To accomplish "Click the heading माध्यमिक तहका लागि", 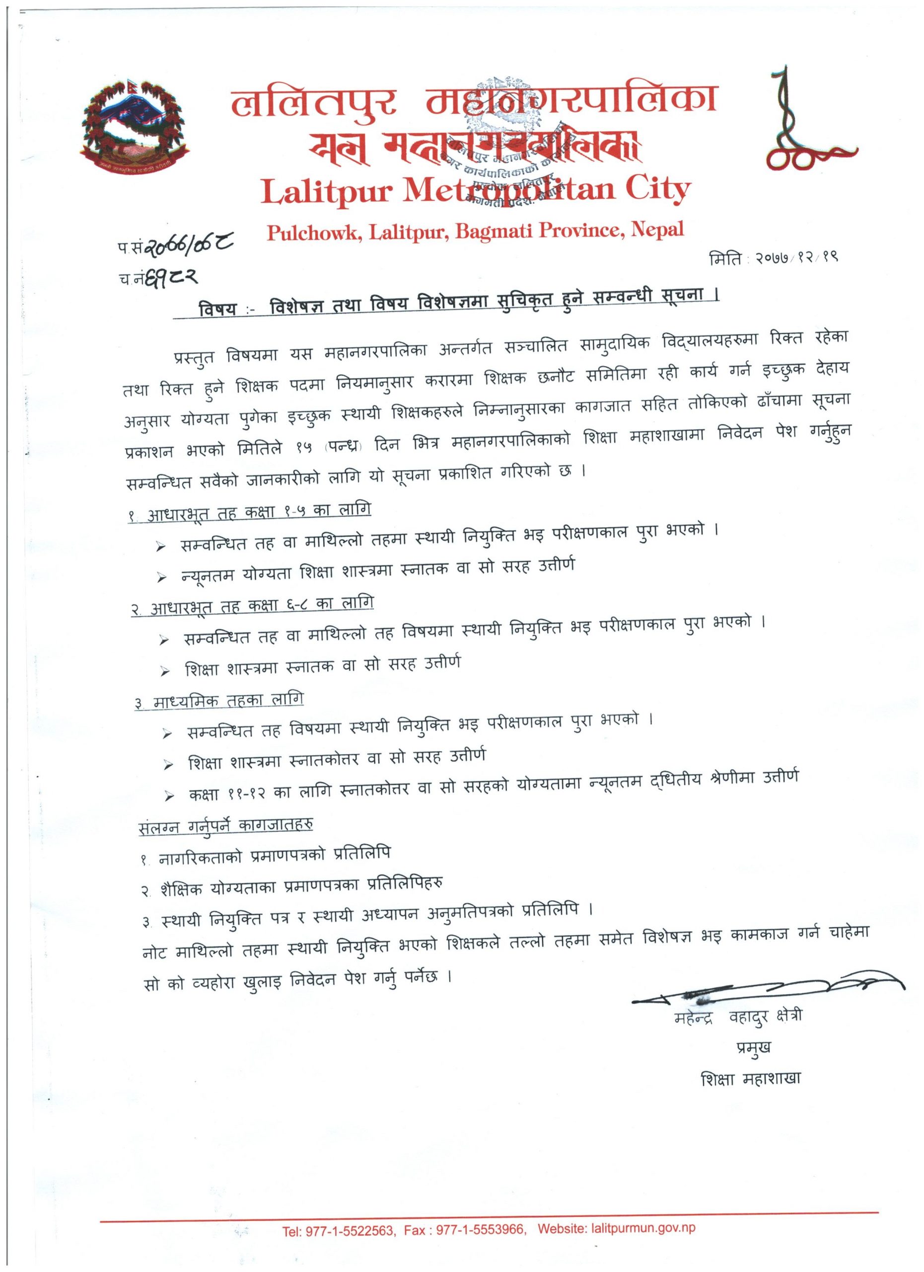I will [219, 701].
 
